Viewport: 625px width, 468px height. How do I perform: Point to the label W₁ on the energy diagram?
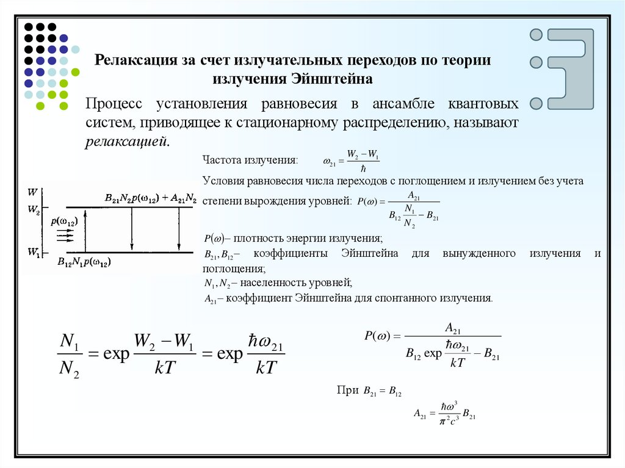(x=34, y=251)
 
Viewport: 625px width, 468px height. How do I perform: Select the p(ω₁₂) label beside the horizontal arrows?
(x=64, y=222)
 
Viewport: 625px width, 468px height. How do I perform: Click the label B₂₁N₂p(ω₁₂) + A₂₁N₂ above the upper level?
(x=150, y=198)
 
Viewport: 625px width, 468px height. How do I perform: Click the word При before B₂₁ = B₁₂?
(x=345, y=390)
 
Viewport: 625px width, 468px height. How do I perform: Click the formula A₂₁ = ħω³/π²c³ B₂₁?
(x=444, y=413)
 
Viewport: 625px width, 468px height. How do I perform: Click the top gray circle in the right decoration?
(x=536, y=35)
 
